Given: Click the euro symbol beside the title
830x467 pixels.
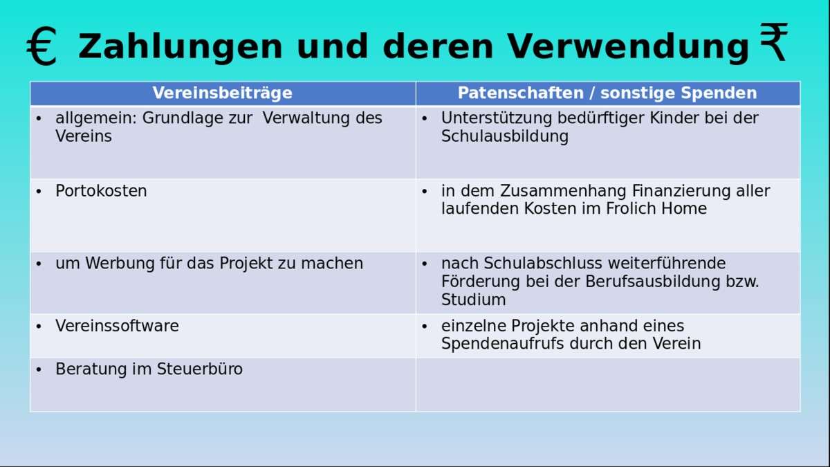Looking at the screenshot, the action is click(x=42, y=46).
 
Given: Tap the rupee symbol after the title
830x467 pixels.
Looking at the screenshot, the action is click(x=774, y=42).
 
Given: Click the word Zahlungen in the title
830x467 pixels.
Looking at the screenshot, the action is click(x=181, y=46).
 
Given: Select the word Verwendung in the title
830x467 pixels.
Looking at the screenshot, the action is click(x=629, y=46).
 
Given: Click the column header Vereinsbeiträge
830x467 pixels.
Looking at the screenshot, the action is click(x=222, y=93).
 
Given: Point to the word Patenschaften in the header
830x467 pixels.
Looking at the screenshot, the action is click(x=521, y=93).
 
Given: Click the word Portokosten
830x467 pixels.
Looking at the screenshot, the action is click(x=101, y=191).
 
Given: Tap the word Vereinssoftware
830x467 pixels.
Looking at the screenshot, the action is click(x=117, y=326).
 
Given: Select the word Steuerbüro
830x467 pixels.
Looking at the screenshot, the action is click(x=200, y=369).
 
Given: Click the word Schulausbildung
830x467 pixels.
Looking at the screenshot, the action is click(x=505, y=136).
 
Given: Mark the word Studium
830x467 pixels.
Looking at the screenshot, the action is click(x=474, y=300).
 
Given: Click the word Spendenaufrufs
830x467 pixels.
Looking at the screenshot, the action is click(x=502, y=344).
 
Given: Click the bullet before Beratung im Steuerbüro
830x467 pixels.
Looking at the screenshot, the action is click(x=39, y=370).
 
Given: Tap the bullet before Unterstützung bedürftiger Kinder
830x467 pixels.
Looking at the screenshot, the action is click(x=425, y=119).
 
